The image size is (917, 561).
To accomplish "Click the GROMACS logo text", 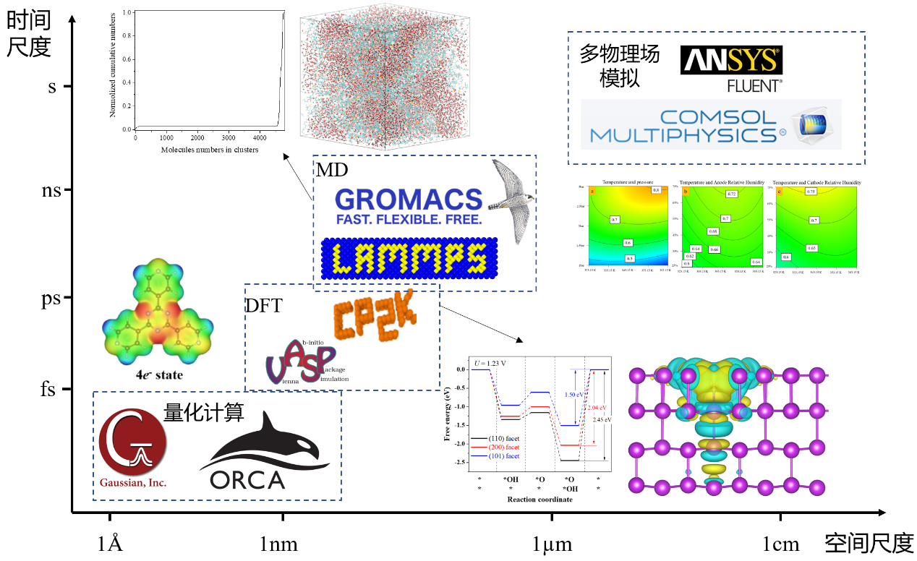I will coord(409,200).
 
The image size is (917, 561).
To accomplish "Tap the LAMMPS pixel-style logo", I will coord(409,258).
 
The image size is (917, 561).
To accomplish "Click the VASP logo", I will coord(300,361).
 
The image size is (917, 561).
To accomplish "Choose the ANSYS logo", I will coord(731,61).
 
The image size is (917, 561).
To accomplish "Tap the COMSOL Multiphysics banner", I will coord(711,125).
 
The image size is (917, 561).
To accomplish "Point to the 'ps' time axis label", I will coord(51,297).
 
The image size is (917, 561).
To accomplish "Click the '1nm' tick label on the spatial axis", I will coord(279,544).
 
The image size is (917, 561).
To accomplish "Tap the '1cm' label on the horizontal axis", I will coord(780,544).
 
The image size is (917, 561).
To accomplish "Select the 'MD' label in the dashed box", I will coord(332,170).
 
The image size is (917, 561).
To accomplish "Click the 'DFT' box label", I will coord(264,306).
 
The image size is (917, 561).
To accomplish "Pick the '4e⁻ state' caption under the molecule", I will coord(159,375).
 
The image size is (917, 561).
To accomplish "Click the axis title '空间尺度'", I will coord(869,542).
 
